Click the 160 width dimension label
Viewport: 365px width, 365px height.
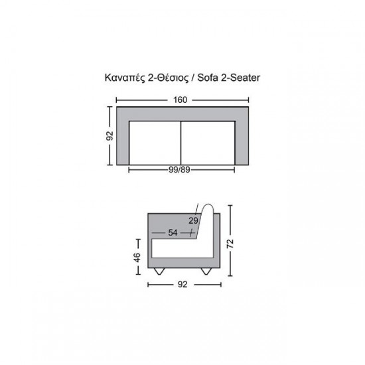pos(180,100)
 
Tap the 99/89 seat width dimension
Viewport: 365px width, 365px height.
pos(179,170)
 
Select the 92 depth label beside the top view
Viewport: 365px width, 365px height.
pos(110,136)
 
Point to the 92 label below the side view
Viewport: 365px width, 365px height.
pos(183,284)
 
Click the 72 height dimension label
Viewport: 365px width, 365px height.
pos(230,244)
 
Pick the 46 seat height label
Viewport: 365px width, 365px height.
pos(137,257)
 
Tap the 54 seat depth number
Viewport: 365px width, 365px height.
pos(173,232)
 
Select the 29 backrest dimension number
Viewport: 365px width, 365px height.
pos(193,220)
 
